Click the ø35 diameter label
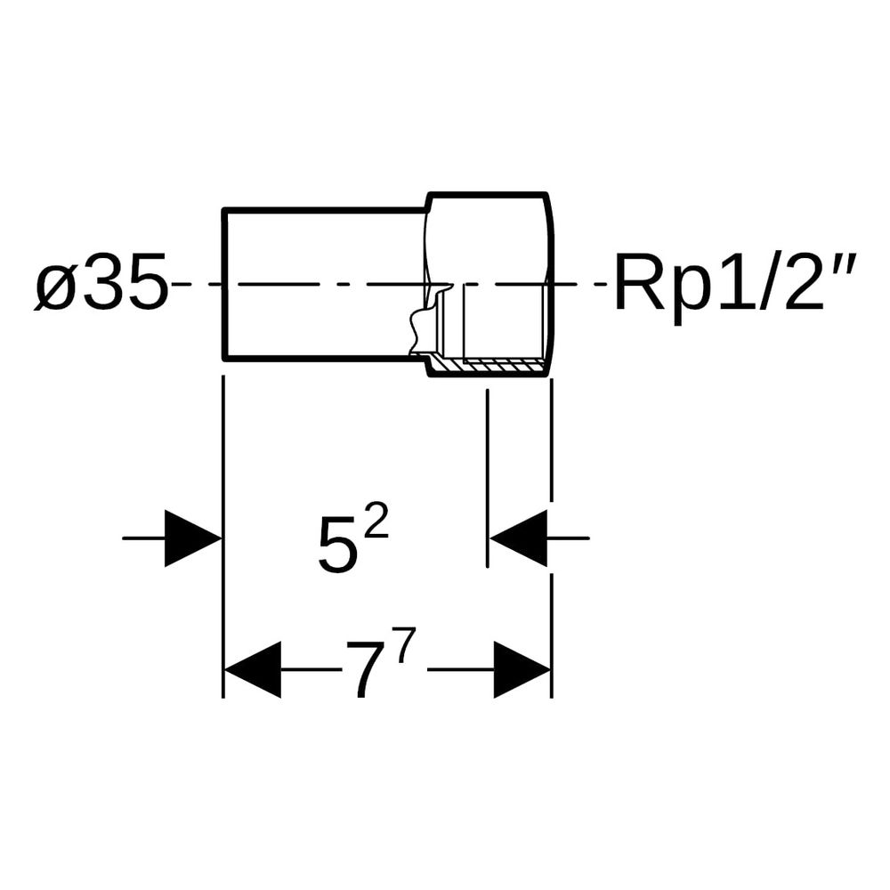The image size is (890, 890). [x=102, y=282]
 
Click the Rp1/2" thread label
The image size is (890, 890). [x=734, y=281]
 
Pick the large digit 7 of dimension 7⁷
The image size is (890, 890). [x=370, y=670]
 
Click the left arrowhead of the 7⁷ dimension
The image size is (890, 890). [x=253, y=670]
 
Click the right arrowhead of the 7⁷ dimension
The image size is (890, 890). [x=522, y=670]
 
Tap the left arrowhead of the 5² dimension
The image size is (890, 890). [x=193, y=538]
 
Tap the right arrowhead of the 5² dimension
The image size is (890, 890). [x=518, y=538]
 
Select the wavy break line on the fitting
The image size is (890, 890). [x=427, y=318]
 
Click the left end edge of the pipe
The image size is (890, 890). [x=225, y=284]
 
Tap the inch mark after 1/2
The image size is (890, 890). [x=844, y=268]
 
